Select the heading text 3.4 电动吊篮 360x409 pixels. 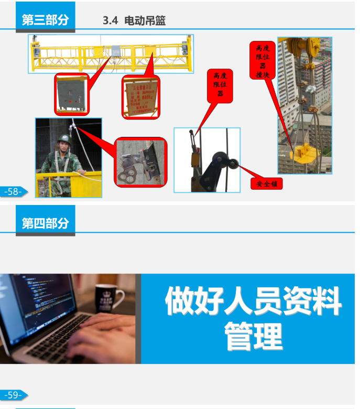click(135, 21)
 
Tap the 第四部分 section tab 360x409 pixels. click(45, 223)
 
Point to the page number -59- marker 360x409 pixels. click(13, 395)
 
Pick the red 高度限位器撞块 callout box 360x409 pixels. click(262, 60)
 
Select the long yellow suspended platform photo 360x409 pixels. click(111, 54)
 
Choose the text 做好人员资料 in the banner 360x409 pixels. click(253, 301)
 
